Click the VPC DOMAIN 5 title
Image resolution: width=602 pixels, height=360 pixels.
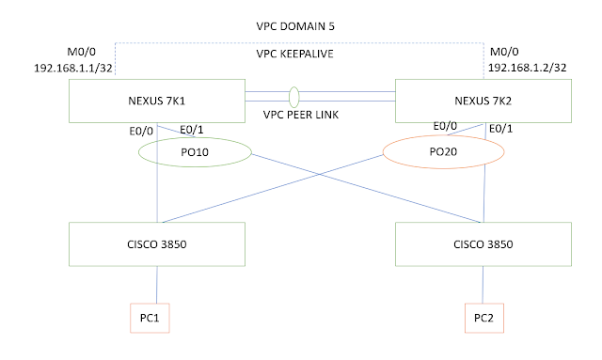[302, 27]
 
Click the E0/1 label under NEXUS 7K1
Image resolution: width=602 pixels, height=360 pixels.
[192, 130]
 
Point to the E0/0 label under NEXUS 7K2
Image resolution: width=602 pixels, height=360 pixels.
[446, 126]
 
